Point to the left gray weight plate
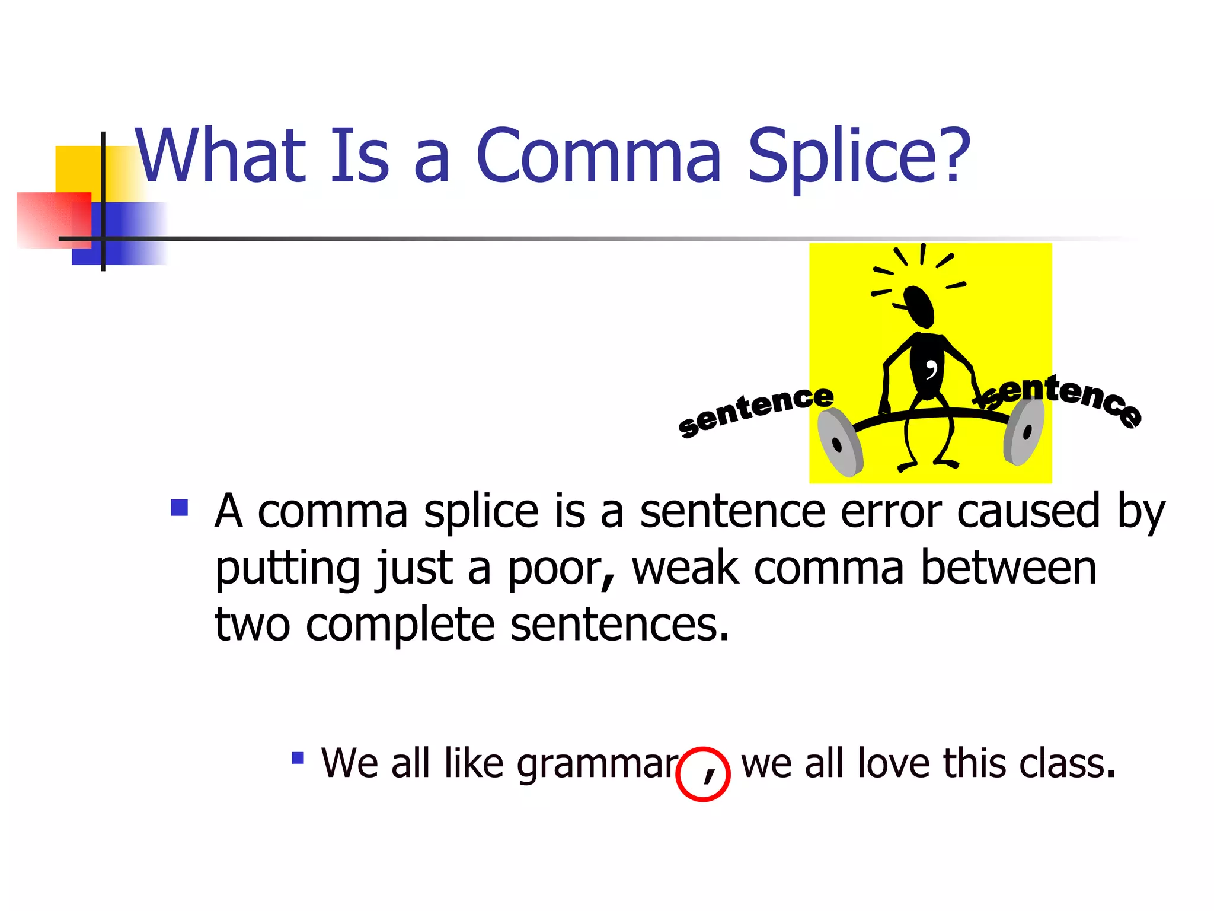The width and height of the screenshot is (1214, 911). [x=839, y=442]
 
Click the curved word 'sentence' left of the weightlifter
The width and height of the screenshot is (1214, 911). [x=756, y=409]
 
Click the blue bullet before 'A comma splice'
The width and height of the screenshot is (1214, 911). [x=179, y=508]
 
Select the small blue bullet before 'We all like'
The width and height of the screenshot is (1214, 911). [x=298, y=757]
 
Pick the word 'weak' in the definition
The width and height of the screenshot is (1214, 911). [x=685, y=568]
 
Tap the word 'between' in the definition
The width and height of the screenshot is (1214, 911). [x=1008, y=568]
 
